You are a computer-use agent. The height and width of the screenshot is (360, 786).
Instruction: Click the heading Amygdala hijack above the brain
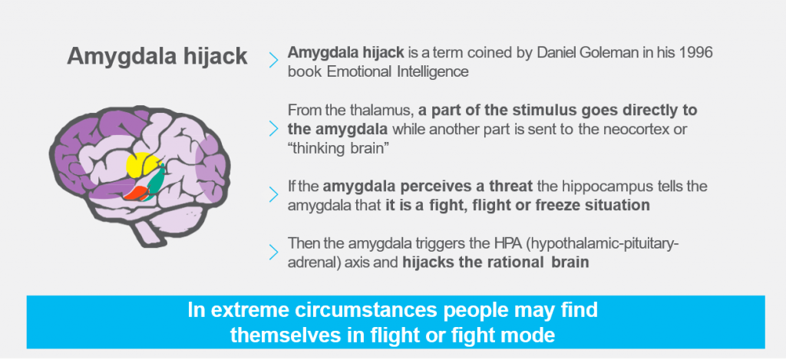[157, 57]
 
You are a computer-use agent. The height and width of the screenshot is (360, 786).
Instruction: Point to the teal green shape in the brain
[157, 180]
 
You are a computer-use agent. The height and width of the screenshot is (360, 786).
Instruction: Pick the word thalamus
[381, 111]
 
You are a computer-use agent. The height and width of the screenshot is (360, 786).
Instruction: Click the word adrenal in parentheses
[312, 263]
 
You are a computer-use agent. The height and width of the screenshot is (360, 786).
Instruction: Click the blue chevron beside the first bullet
[273, 60]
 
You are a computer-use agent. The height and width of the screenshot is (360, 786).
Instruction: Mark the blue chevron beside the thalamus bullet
[273, 128]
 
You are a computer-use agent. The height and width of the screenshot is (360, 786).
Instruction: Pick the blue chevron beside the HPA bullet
[273, 253]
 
